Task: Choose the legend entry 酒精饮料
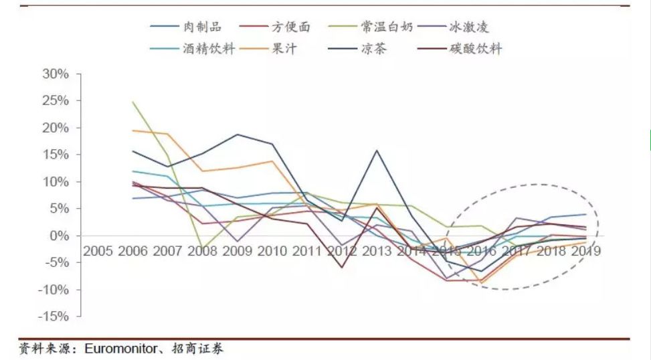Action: (x=208, y=49)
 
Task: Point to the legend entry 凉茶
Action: (x=373, y=49)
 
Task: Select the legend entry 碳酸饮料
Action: (x=476, y=49)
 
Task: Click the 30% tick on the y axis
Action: (x=56, y=74)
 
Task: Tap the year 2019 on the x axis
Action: (x=585, y=252)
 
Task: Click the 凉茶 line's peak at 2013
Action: (x=377, y=150)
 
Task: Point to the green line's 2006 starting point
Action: (x=132, y=102)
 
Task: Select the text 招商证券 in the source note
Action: (x=200, y=349)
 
